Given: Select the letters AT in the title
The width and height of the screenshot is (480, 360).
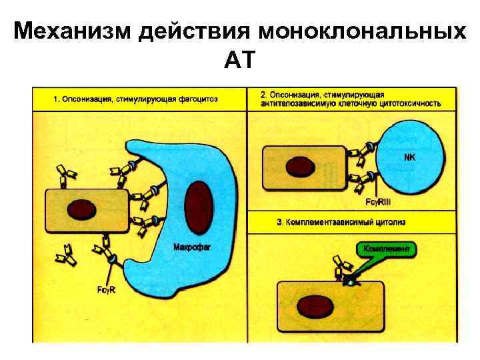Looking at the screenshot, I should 239,61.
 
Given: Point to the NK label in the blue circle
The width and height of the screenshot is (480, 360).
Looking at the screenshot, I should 409,158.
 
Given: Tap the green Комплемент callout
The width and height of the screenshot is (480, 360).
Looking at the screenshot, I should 387,249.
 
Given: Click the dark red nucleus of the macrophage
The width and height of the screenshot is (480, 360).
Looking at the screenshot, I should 198,206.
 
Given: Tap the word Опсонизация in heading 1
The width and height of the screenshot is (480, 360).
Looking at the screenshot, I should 87,99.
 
